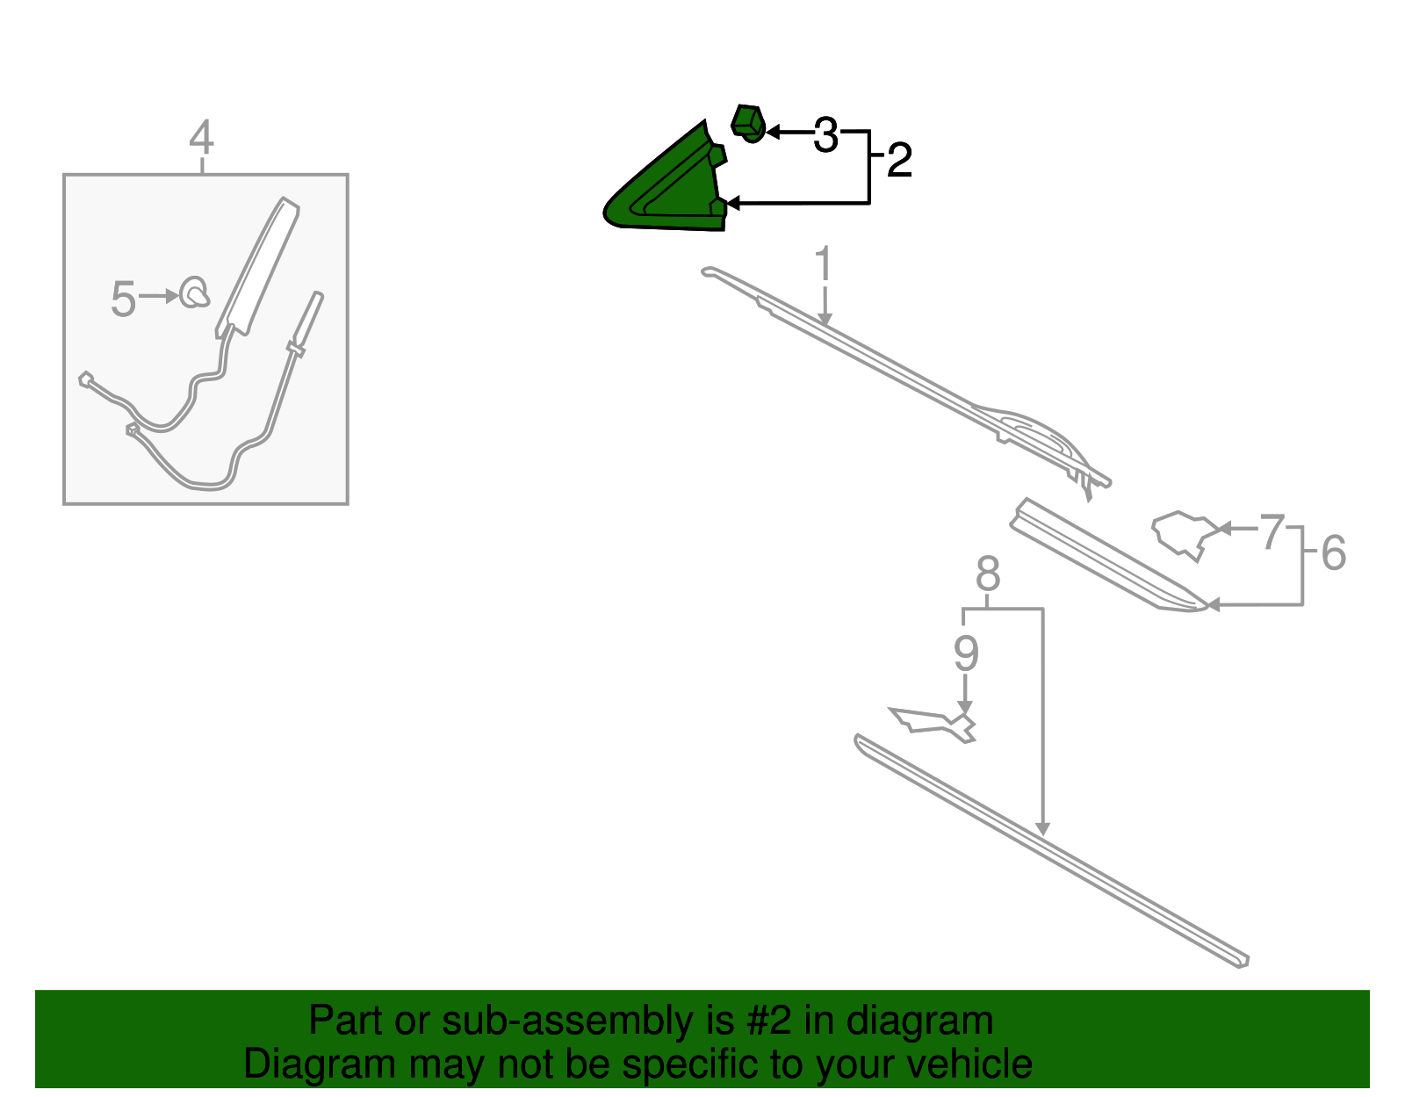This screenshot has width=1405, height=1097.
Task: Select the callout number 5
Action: point(124,299)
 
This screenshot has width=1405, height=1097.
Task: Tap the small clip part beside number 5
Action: point(194,292)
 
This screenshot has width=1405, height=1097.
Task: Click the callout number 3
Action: point(825,135)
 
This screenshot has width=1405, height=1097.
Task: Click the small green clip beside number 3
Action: point(748,124)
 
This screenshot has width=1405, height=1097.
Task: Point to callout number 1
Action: point(823,263)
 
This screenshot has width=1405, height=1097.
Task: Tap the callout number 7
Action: point(1272,531)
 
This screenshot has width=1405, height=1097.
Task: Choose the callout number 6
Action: point(1333,552)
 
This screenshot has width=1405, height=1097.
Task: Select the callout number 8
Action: point(988,574)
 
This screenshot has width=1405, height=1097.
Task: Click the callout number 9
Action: point(966,653)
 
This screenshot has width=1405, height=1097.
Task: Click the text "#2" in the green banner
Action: point(768,1021)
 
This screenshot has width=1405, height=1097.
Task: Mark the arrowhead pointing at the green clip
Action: point(773,132)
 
